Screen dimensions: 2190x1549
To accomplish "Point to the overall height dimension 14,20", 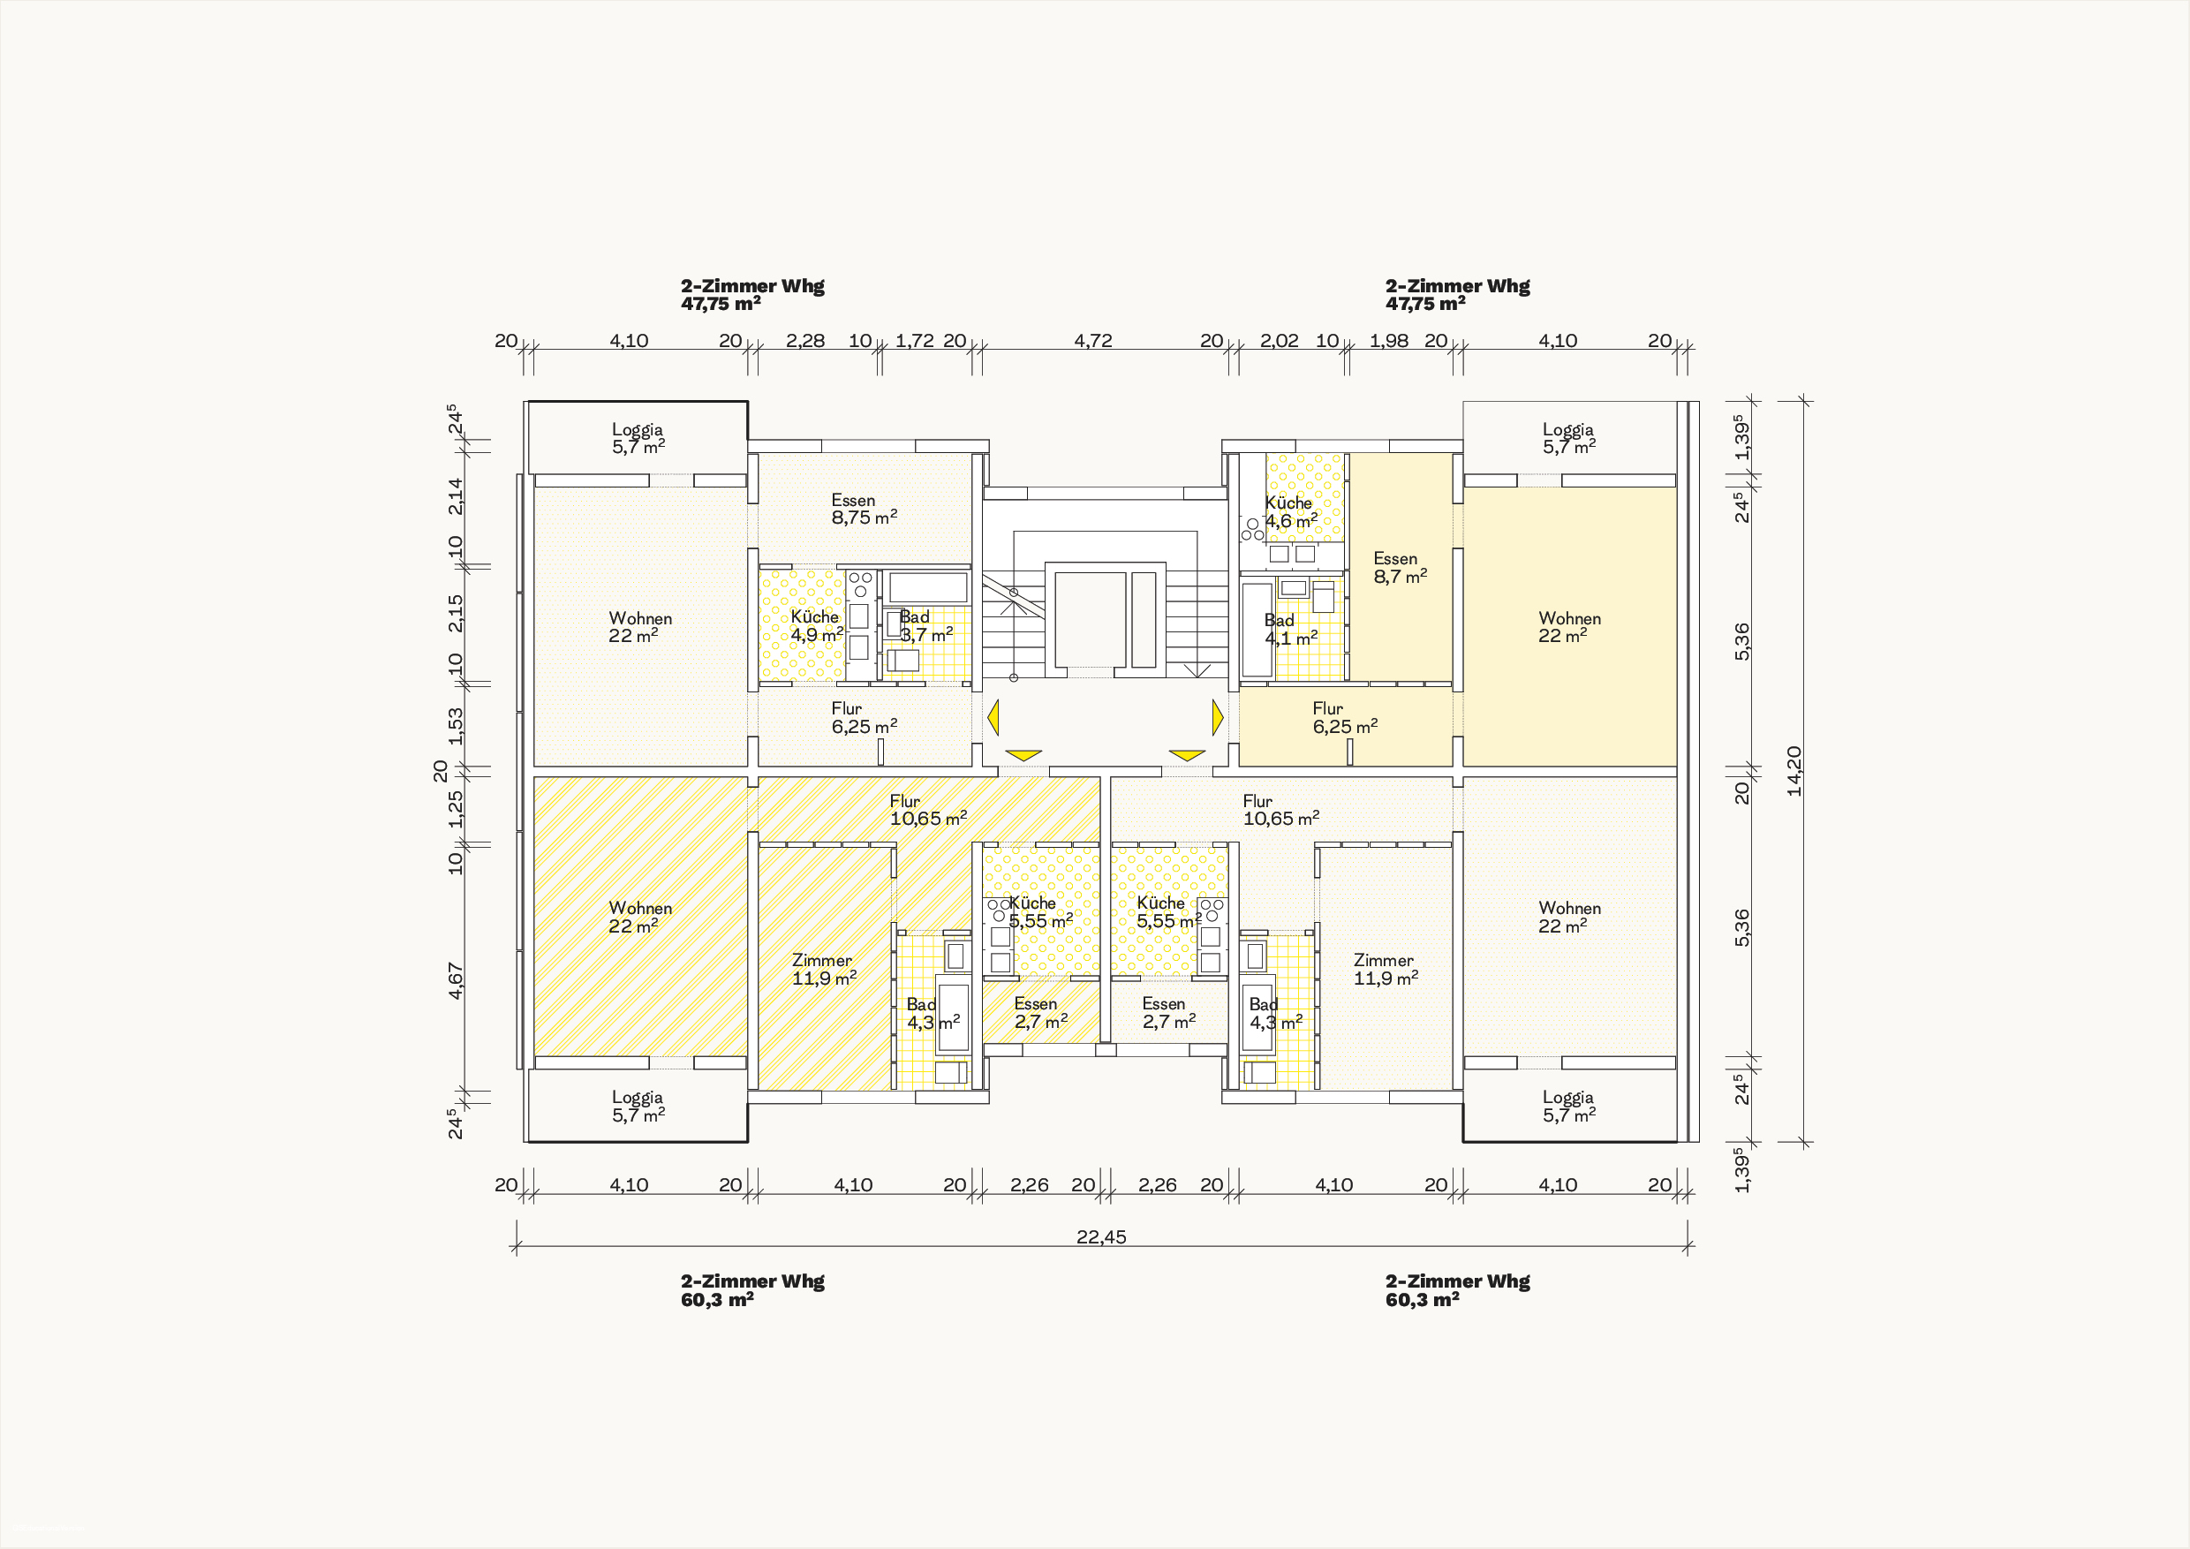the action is [1794, 771].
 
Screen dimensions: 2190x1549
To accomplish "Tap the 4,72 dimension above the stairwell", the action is [1093, 341].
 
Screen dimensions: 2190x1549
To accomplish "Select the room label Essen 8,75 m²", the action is [865, 510].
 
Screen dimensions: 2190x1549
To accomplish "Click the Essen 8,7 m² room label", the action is [1401, 568].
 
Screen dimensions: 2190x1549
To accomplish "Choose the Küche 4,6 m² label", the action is [1292, 512].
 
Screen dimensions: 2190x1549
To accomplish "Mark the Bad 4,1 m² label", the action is [1292, 630].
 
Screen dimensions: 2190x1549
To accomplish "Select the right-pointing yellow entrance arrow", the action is [1218, 717].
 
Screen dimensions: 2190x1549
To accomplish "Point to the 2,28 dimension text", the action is [805, 341].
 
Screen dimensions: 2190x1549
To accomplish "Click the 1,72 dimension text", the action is [915, 341].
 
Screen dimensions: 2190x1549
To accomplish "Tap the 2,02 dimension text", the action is [1279, 341].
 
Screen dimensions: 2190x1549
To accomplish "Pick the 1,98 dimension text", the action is [1389, 341].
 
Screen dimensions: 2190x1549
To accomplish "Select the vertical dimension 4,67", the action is [456, 980].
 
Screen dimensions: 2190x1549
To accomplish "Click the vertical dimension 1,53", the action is [456, 726].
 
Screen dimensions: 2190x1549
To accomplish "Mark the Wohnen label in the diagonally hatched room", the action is [640, 908].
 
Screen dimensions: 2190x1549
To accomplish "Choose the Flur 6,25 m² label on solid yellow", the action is [1345, 717].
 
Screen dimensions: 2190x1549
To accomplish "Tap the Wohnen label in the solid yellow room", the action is [1570, 618].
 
